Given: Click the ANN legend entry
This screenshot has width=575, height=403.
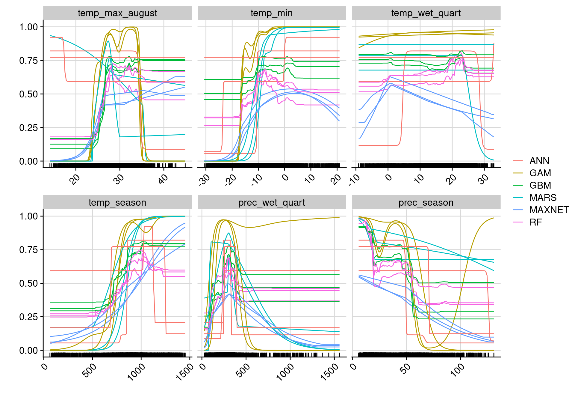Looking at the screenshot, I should [x=539, y=161].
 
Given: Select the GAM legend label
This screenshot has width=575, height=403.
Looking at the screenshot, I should [x=540, y=173].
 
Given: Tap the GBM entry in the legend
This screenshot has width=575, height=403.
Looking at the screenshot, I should [x=540, y=186].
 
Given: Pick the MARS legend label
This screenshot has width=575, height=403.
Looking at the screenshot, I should [x=543, y=198].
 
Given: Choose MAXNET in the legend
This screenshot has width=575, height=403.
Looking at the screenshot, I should [x=549, y=210].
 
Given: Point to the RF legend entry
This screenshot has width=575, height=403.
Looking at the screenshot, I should [x=535, y=222].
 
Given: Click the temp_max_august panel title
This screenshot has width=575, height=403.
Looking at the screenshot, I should [x=117, y=13].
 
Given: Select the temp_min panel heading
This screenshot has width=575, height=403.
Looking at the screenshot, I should [x=272, y=13].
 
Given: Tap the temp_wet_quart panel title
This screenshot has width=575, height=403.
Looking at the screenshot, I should [x=426, y=13].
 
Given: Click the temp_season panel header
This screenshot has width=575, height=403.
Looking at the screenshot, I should [x=117, y=203].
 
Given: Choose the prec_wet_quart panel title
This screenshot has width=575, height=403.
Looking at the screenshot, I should [x=272, y=203].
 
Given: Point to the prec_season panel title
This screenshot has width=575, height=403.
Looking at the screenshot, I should [x=426, y=203].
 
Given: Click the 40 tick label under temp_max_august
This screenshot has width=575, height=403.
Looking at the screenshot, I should [x=163, y=179].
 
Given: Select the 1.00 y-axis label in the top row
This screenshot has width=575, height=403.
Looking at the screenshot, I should [x=29, y=27].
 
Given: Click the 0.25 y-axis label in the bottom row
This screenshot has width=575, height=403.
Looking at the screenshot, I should [x=29, y=317].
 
